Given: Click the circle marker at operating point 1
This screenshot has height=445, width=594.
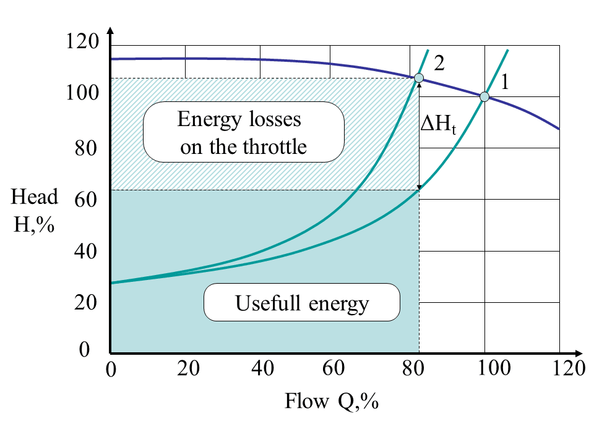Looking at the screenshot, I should click(484, 96).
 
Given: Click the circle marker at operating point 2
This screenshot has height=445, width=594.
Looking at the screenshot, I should click(419, 78).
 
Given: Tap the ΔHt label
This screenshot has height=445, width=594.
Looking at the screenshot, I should click(437, 124).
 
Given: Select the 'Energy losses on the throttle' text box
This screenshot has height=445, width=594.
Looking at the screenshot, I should click(243, 132).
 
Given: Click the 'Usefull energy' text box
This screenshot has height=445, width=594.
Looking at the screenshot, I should click(302, 302).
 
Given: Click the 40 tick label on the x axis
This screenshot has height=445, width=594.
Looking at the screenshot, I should click(262, 369).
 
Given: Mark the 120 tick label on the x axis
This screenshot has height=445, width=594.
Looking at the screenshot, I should click(568, 369).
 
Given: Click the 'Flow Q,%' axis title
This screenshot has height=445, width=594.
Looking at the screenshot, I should click(331, 402).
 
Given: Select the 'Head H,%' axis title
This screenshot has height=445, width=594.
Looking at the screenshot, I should click(35, 210).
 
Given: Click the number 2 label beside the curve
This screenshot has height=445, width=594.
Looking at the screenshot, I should click(439, 62).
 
